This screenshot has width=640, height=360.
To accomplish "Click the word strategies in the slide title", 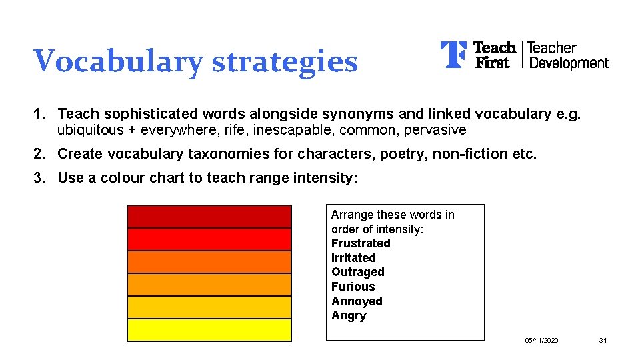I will [285, 61].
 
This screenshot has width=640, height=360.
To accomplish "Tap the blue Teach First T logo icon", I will [453, 55].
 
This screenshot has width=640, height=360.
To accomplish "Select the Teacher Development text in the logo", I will [568, 55].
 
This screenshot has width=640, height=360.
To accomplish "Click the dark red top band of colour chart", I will [209, 217].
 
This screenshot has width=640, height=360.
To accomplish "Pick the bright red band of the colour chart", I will [209, 239].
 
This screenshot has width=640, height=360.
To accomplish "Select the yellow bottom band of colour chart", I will [209, 330].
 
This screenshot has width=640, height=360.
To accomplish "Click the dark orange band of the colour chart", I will [209, 262].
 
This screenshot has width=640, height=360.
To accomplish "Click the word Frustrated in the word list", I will [361, 243].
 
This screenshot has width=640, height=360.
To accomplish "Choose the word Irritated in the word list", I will [353, 258].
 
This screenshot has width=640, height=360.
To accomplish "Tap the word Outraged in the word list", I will [358, 272].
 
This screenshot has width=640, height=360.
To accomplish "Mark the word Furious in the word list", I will [353, 287].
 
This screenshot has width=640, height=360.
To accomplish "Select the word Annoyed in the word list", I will [357, 301].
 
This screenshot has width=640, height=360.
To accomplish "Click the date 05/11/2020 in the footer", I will [541, 341].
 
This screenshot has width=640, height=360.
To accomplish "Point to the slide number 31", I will [603, 341].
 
